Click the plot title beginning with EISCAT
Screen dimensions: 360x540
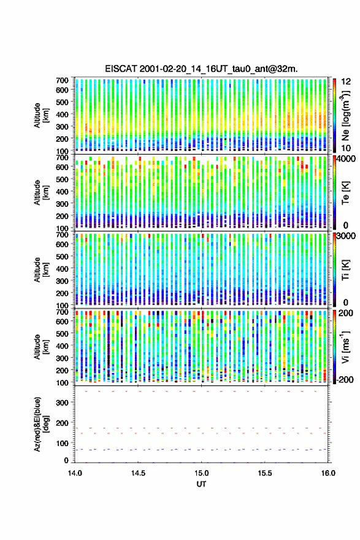click(201, 69)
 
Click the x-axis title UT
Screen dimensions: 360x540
click(201, 484)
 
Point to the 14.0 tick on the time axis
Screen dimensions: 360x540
click(75, 473)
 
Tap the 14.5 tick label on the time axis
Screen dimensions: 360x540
click(139, 473)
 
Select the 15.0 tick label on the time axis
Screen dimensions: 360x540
click(201, 473)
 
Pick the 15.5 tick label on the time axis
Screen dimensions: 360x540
click(265, 473)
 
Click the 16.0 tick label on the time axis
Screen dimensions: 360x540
click(328, 473)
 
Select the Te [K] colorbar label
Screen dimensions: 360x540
click(345, 193)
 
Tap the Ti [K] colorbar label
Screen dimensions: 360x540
click(345, 270)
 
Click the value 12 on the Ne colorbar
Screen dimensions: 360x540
click(346, 81)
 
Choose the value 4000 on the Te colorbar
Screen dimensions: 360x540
click(347, 159)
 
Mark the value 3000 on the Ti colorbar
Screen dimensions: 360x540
click(347, 236)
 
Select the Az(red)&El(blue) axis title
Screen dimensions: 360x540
click(40, 425)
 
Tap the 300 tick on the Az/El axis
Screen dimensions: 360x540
click(63, 403)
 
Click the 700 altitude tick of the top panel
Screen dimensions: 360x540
click(63, 80)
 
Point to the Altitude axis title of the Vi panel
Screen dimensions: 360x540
click(40, 347)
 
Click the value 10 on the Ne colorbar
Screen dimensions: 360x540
click(346, 148)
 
